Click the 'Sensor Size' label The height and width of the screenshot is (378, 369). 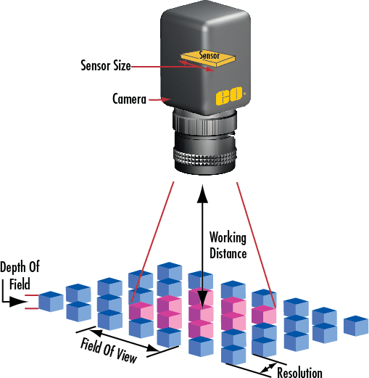click(x=105, y=65)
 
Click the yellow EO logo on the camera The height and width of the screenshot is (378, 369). click(x=224, y=97)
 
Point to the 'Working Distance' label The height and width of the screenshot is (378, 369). click(x=228, y=245)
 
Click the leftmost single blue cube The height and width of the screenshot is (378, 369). click(x=51, y=301)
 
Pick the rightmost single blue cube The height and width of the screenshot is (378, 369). click(x=355, y=325)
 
